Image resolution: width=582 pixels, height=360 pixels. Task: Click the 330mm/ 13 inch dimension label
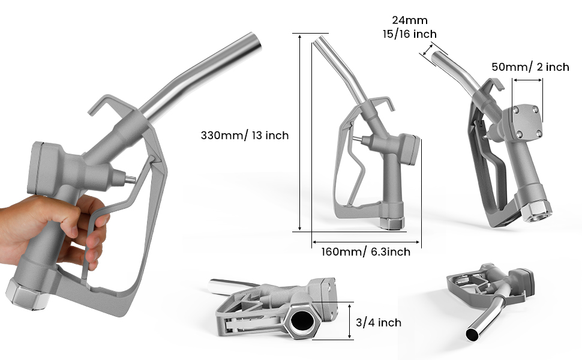245,136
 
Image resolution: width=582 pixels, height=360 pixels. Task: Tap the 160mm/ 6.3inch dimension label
366,252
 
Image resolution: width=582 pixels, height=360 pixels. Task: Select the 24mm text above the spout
410,20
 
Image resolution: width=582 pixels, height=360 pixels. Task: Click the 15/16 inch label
410,34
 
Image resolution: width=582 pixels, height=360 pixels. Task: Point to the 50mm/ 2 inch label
530,67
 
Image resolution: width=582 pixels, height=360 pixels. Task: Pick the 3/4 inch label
379,323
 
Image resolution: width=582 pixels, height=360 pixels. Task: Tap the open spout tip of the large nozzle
256,41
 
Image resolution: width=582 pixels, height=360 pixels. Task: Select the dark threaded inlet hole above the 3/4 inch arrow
302,320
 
